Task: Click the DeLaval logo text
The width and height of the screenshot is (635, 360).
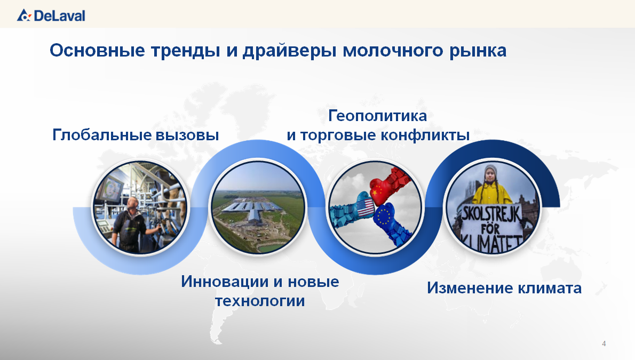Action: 60,16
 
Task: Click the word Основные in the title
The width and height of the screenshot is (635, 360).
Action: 97,51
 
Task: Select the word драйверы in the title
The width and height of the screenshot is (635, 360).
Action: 289,51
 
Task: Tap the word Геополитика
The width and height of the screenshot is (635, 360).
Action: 377,116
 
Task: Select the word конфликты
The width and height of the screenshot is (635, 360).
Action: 425,135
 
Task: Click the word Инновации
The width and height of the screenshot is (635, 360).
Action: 224,282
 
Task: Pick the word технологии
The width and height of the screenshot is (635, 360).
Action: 259,301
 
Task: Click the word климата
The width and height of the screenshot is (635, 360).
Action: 550,289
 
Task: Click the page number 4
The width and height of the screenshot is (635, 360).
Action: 604,344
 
